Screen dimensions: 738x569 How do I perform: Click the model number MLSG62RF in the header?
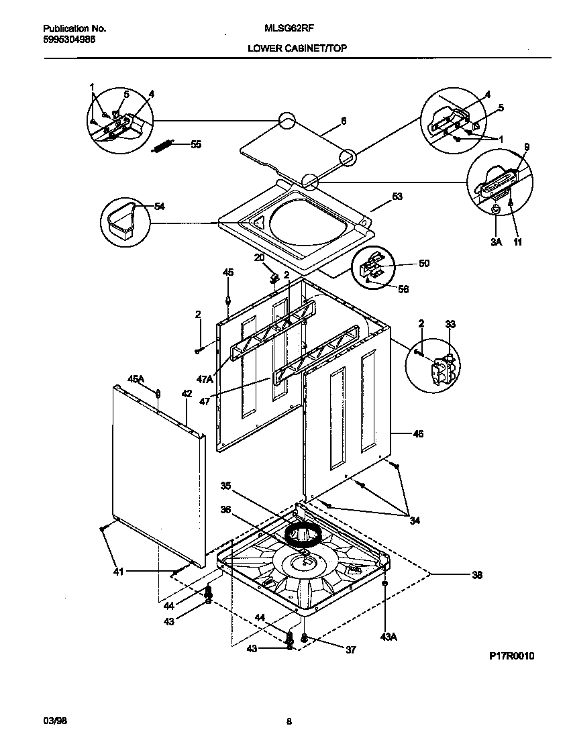(x=284, y=29)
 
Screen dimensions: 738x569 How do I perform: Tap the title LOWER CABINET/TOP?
(x=297, y=48)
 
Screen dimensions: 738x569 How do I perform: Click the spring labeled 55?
(x=163, y=146)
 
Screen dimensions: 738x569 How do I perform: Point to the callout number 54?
(x=160, y=206)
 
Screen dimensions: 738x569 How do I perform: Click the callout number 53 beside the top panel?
(x=397, y=197)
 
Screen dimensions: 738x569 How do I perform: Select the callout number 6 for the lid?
(x=344, y=121)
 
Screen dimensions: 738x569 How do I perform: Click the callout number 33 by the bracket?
(x=450, y=324)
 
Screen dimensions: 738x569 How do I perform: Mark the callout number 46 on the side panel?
(x=417, y=434)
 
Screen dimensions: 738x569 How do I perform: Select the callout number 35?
(x=225, y=485)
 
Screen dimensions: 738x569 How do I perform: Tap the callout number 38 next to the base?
(x=477, y=574)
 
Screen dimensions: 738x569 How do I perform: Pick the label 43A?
(x=389, y=637)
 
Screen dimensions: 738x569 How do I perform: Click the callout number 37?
(x=350, y=649)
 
